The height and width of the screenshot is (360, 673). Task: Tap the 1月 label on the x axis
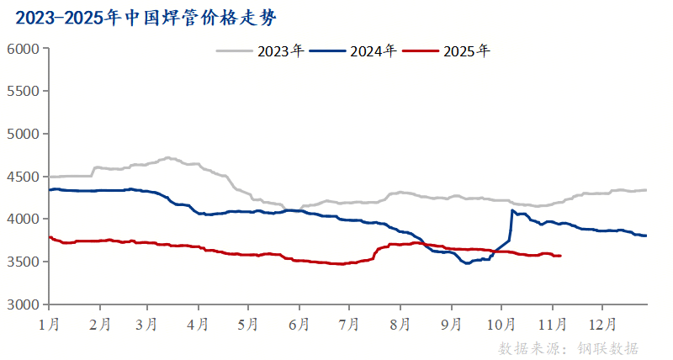click(x=49, y=323)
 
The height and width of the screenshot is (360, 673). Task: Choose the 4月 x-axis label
click(x=199, y=323)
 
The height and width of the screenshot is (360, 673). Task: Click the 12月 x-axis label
click(x=602, y=323)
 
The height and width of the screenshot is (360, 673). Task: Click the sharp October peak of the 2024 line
click(x=512, y=210)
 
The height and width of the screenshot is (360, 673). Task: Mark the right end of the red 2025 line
click(x=561, y=256)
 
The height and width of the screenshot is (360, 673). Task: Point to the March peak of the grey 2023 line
click(x=168, y=157)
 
